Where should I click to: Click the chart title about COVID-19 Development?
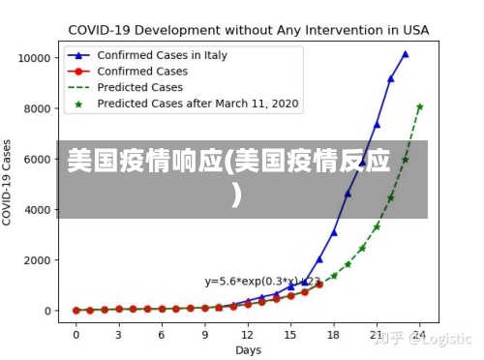(248, 29)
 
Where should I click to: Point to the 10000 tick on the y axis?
(34, 58)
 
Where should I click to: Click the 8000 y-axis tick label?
(37, 108)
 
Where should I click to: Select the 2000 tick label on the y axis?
(37, 260)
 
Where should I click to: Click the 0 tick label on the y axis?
(47, 311)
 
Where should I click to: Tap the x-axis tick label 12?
(248, 334)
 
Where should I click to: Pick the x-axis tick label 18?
(334, 334)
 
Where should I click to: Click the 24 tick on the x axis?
(419, 334)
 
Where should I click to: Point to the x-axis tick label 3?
(119, 334)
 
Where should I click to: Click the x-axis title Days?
(248, 349)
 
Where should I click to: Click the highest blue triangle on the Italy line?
(406, 54)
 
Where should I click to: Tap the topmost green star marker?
(419, 106)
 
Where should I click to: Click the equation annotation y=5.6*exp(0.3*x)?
(261, 282)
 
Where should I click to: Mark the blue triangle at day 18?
(334, 232)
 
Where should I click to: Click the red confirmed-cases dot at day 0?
(76, 311)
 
